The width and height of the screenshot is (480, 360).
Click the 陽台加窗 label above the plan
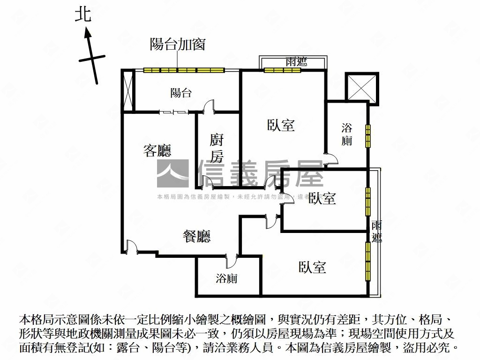pyautogui.click(x=178, y=45)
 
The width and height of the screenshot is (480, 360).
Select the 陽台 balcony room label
pyautogui.click(x=181, y=93)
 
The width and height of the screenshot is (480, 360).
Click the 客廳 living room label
pyautogui.click(x=157, y=150)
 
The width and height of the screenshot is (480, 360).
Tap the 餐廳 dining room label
pyautogui.click(x=196, y=237)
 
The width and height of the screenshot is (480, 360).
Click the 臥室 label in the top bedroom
pyautogui.click(x=281, y=125)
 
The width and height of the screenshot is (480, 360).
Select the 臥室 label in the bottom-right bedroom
pyautogui.click(x=312, y=268)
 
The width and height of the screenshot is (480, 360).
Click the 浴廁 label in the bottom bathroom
pyautogui.click(x=227, y=278)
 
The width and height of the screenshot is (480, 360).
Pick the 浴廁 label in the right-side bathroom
pyautogui.click(x=347, y=134)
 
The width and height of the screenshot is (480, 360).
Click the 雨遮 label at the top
pyautogui.click(x=296, y=61)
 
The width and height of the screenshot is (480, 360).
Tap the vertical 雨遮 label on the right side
pyautogui.click(x=376, y=231)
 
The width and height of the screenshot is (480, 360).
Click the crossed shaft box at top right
pyautogui.click(x=361, y=87)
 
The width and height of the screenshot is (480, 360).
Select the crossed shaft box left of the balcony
pyautogui.click(x=128, y=91)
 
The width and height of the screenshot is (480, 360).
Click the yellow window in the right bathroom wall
pyautogui.click(x=368, y=136)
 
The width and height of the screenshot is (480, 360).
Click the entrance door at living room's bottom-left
pyautogui.click(x=132, y=247)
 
